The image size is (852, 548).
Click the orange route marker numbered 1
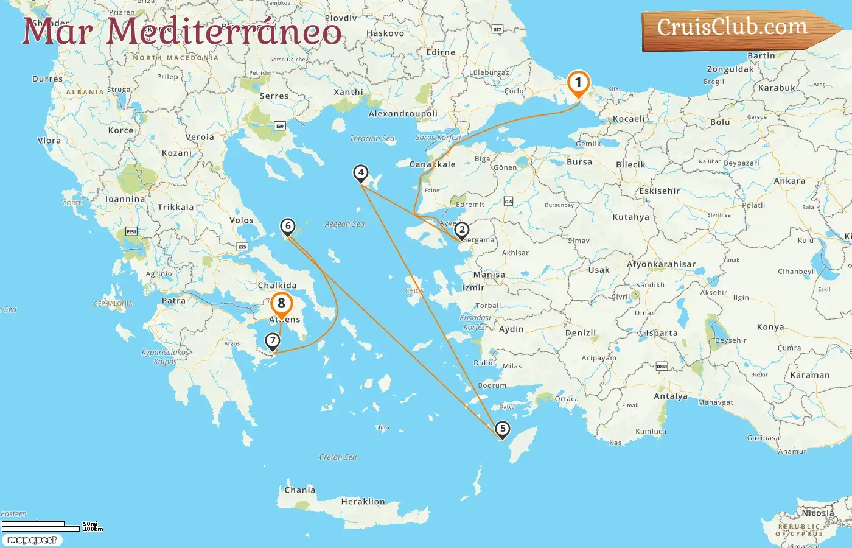(x=578, y=83)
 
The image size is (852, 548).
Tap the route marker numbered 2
(x=462, y=230)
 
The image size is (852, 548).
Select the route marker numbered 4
(x=361, y=173)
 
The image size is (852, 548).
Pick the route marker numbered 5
(x=502, y=429)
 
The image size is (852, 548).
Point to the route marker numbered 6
(x=288, y=227)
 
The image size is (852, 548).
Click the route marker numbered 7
(x=273, y=341)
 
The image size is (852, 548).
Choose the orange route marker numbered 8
(x=281, y=303)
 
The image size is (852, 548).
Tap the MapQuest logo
(x=32, y=540)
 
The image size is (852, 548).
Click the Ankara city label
(x=789, y=181)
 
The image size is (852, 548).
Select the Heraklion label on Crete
(x=363, y=502)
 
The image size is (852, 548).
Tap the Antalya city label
(x=671, y=396)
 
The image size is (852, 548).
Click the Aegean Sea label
(x=344, y=224)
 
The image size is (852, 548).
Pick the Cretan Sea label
(x=338, y=457)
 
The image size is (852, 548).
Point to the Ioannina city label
(x=125, y=199)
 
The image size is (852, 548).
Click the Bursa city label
(x=579, y=162)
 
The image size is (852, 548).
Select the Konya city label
(x=770, y=327)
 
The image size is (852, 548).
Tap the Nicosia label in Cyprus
(x=818, y=513)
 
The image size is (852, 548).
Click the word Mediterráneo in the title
(x=224, y=32)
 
